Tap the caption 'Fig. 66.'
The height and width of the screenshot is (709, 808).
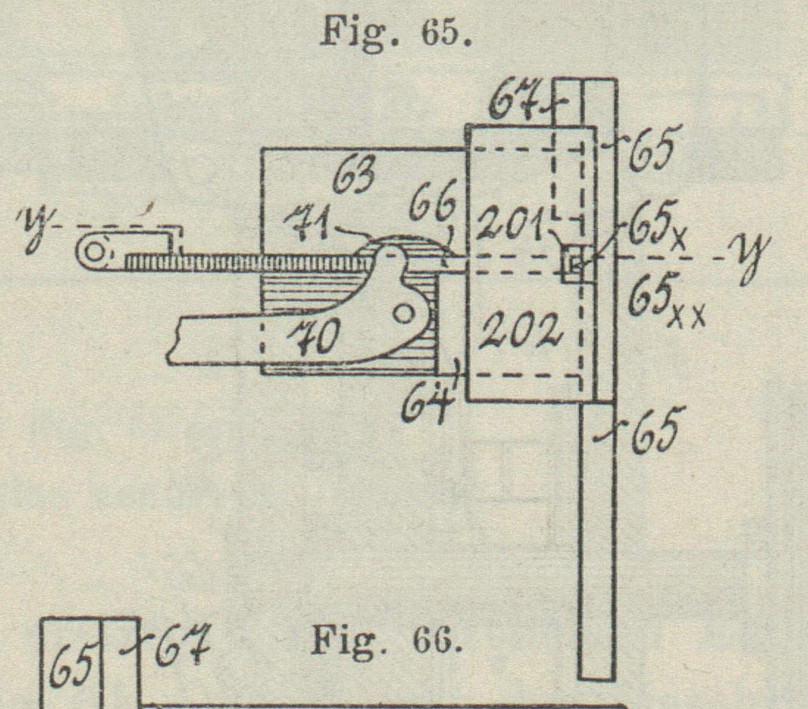[387, 641]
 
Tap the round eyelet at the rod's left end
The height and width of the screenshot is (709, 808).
[94, 251]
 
